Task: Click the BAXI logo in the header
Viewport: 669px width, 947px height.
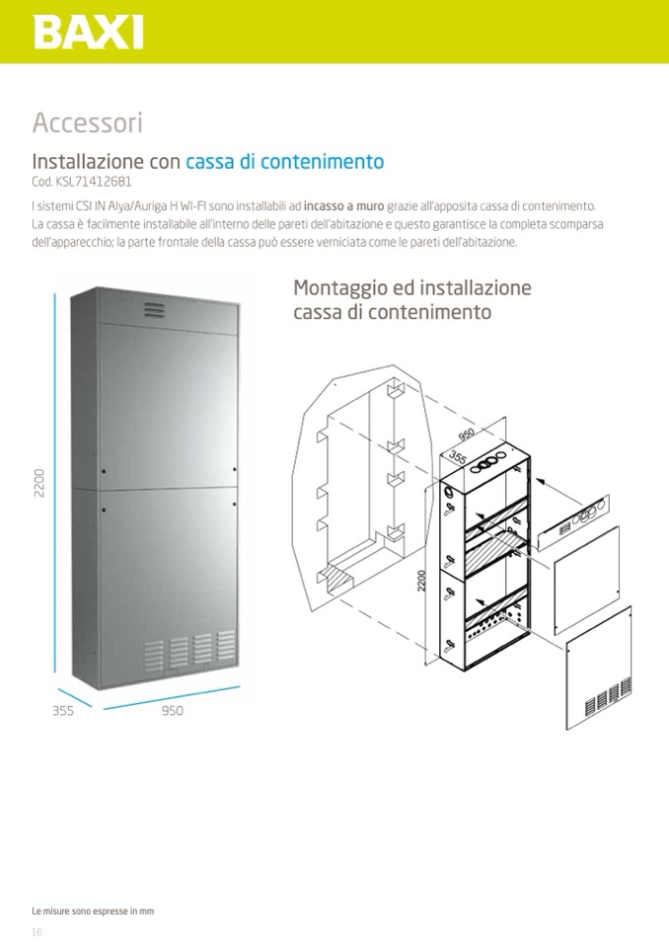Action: pyautogui.click(x=89, y=33)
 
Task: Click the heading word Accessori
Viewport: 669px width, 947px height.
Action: pyautogui.click(x=88, y=122)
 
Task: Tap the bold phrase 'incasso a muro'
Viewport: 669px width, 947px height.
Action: pyautogui.click(x=343, y=206)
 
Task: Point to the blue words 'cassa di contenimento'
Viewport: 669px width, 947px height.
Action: pyautogui.click(x=285, y=161)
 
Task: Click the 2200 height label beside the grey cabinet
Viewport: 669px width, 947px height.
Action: pyautogui.click(x=39, y=483)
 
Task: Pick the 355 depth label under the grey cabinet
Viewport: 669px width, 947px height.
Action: pyautogui.click(x=63, y=710)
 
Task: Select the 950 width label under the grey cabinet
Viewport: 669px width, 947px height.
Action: pyautogui.click(x=173, y=710)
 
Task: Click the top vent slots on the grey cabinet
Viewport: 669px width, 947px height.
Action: pyautogui.click(x=154, y=310)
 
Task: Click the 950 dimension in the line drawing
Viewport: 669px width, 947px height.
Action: pyautogui.click(x=467, y=434)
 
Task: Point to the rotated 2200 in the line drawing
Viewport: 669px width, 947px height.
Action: pyautogui.click(x=421, y=581)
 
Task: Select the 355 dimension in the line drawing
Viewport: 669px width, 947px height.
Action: pyautogui.click(x=459, y=456)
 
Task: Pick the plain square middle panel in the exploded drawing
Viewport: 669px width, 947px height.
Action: pyautogui.click(x=586, y=580)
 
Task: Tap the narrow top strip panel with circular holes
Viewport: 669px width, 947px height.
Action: pyautogui.click(x=573, y=522)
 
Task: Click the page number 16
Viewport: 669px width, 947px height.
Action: pyautogui.click(x=37, y=932)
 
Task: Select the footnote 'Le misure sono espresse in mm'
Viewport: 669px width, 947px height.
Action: pyautogui.click(x=93, y=910)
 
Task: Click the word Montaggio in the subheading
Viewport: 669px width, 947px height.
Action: pyautogui.click(x=340, y=288)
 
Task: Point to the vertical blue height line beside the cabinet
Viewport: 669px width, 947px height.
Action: pyautogui.click(x=55, y=483)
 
